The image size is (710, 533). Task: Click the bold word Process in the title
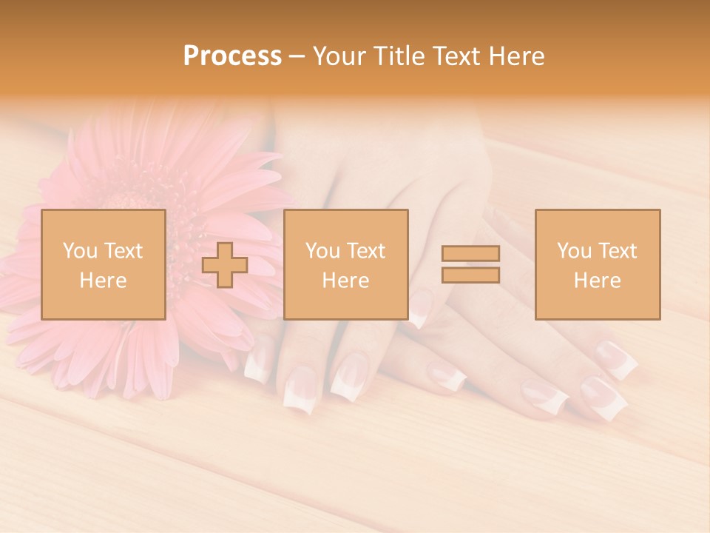pyautogui.click(x=232, y=56)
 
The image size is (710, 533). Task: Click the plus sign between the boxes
pyautogui.click(x=225, y=264)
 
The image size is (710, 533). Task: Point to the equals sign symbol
pyautogui.click(x=470, y=264)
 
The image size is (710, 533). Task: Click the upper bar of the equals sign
pyautogui.click(x=470, y=253)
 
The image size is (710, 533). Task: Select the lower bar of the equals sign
pyautogui.click(x=470, y=275)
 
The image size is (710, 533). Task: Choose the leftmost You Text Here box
pyautogui.click(x=104, y=264)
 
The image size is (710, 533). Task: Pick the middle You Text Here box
pyautogui.click(x=345, y=264)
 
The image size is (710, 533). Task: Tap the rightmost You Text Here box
pyautogui.click(x=598, y=264)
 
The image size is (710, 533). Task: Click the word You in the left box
pyautogui.click(x=79, y=251)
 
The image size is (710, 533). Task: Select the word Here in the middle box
pyautogui.click(x=345, y=281)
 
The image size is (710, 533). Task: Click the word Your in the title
pyautogui.click(x=340, y=56)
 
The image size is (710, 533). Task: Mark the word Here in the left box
pyautogui.click(x=104, y=281)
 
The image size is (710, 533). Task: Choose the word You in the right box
pyautogui.click(x=574, y=251)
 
